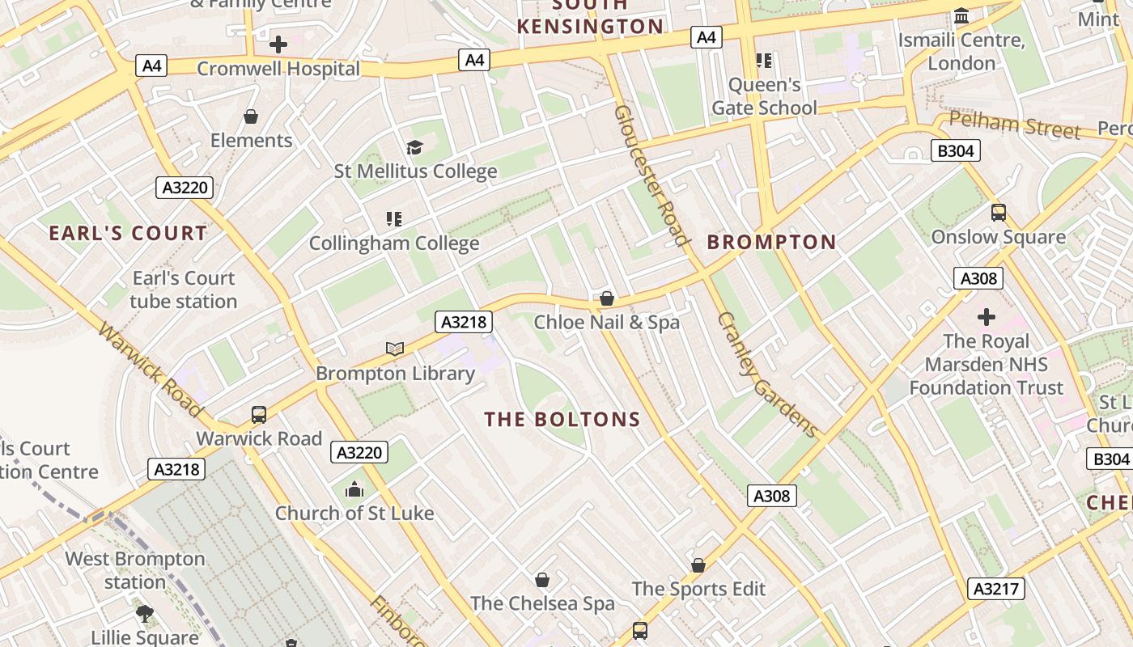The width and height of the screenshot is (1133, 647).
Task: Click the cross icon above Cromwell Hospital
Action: [278, 44]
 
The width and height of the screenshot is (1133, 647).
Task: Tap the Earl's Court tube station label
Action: [184, 290]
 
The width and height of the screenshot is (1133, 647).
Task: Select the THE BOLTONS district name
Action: [562, 420]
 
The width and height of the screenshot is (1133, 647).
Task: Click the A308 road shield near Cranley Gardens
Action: [771, 496]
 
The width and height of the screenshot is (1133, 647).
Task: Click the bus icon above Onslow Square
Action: [999, 213]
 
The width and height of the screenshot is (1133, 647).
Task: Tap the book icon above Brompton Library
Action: [395, 349]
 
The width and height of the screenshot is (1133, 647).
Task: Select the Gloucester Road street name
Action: [651, 174]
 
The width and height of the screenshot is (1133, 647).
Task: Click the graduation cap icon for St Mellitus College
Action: [414, 147]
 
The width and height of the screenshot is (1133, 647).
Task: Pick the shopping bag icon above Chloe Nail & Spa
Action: [607, 298]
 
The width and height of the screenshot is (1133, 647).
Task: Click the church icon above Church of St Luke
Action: [354, 489]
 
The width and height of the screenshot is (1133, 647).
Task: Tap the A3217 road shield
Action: [996, 588]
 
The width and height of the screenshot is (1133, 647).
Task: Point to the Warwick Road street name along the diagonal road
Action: [150, 370]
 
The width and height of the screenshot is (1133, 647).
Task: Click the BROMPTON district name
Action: [771, 242]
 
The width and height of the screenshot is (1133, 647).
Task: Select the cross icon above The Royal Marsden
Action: [986, 316]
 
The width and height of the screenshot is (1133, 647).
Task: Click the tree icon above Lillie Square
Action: [145, 614]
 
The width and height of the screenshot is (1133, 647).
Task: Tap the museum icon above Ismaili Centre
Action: [961, 15]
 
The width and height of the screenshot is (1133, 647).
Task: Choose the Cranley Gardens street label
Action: [766, 374]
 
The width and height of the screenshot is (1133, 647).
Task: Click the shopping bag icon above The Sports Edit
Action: [698, 565]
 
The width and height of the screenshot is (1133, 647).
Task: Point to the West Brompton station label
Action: [135, 570]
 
